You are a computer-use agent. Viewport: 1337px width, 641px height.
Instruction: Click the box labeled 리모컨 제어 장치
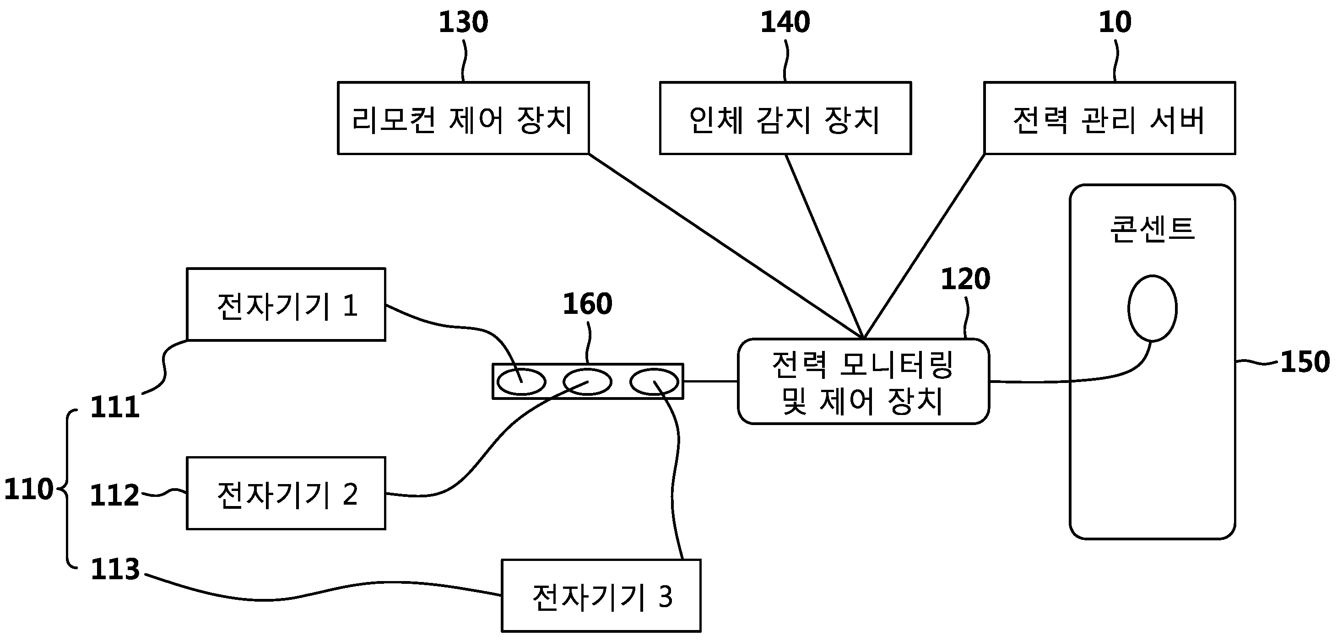click(463, 118)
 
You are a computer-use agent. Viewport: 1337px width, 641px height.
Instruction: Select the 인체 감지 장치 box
click(785, 118)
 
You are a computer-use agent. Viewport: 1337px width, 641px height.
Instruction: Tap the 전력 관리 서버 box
click(1110, 118)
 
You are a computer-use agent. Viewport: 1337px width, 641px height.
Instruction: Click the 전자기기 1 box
click(286, 304)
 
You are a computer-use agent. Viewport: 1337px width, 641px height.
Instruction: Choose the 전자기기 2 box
click(286, 493)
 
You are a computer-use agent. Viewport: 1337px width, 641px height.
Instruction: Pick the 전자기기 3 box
click(601, 595)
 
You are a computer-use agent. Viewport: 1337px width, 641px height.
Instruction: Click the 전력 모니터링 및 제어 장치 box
click(864, 381)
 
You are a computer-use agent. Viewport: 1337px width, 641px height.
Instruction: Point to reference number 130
click(464, 22)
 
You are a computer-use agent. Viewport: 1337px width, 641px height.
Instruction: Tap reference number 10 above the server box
click(1115, 22)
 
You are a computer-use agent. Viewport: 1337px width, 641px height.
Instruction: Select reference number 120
click(965, 279)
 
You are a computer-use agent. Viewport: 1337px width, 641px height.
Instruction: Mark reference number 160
click(588, 303)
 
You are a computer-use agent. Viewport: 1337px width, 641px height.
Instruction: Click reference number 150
click(1305, 361)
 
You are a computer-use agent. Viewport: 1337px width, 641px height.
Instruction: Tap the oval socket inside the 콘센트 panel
click(1152, 308)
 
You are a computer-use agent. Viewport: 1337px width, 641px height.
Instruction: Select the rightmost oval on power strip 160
click(654, 382)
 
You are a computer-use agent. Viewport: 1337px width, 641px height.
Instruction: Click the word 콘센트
click(1152, 229)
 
